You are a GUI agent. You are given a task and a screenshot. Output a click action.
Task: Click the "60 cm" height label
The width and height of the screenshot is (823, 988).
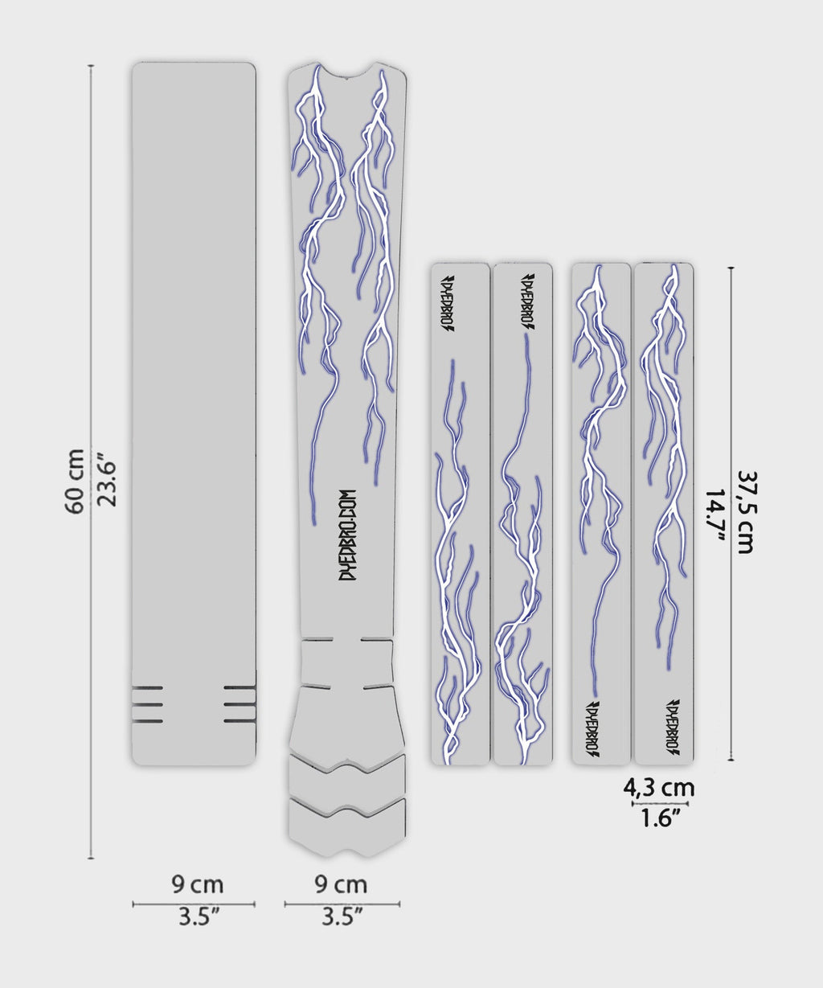click(x=74, y=482)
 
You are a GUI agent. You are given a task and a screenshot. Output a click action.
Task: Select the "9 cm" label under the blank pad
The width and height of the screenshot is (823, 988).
click(x=197, y=885)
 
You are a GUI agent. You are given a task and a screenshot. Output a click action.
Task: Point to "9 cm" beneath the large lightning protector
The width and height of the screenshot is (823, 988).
click(x=341, y=885)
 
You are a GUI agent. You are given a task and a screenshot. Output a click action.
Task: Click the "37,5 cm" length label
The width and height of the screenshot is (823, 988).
click(x=747, y=512)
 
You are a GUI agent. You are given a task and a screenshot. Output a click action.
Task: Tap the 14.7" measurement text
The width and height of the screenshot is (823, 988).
click(x=714, y=516)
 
